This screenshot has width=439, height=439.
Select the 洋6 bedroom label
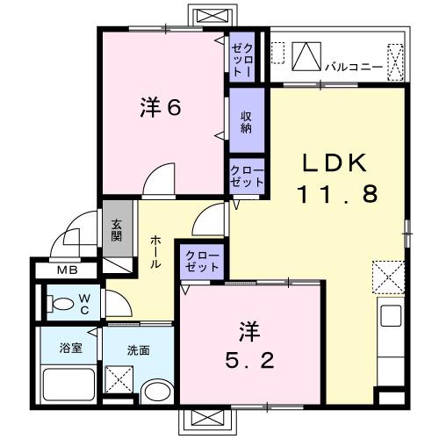[x=160, y=109]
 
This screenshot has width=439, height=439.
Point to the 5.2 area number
[x=248, y=359]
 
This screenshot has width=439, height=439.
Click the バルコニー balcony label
[x=351, y=65]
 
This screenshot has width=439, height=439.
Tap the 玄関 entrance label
[x=117, y=229]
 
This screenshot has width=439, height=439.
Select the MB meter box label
[x=67, y=270]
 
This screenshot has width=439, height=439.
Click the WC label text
[x=84, y=304]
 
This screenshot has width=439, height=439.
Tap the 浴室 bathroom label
[x=71, y=349]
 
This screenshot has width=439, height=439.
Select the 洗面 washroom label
[x=138, y=349]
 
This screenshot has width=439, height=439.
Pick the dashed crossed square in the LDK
[x=387, y=277]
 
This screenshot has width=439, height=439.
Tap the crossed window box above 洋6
[x=213, y=16]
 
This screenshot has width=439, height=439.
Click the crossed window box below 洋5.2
[x=206, y=421]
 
